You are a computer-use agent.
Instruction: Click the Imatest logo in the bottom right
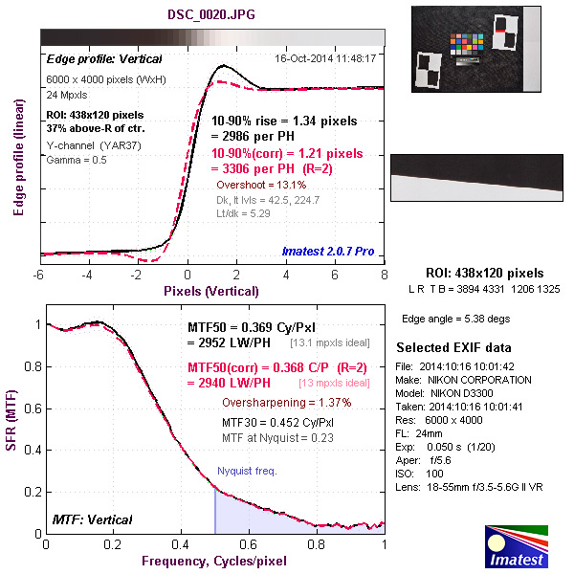[519, 547]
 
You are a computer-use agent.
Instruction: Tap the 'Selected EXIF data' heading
[453, 346]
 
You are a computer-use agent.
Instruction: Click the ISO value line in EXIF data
[421, 474]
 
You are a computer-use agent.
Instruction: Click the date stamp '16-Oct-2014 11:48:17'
[325, 57]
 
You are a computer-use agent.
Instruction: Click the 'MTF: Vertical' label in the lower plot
[91, 519]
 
